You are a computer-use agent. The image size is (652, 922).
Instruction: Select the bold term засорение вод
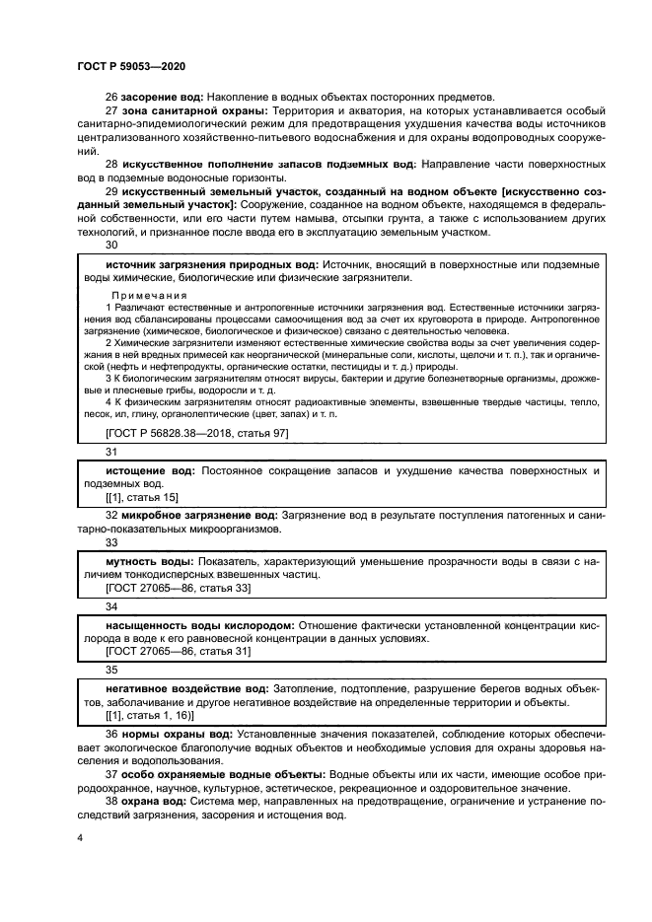[162, 97]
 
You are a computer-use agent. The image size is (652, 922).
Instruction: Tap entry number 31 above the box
[110, 452]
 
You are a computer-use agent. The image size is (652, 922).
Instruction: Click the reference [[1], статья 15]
[141, 499]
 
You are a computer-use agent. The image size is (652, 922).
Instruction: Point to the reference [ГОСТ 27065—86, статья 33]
[178, 588]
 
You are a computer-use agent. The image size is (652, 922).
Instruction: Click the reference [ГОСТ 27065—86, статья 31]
[178, 652]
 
